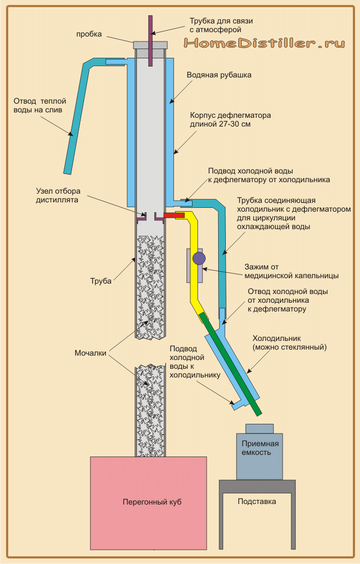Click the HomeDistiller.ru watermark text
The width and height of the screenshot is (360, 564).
(265, 43)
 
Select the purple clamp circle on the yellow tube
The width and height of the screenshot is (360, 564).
(199, 258)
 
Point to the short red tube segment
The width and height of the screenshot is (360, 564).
(173, 216)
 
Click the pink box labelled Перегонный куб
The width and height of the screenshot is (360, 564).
(148, 502)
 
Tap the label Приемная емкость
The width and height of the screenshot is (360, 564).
(260, 448)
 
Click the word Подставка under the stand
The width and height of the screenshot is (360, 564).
(257, 501)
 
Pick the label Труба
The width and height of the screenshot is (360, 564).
(100, 281)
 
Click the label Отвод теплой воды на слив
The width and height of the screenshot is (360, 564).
(38, 105)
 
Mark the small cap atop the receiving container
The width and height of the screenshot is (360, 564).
(260, 428)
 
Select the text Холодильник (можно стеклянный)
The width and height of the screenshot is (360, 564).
(289, 342)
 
